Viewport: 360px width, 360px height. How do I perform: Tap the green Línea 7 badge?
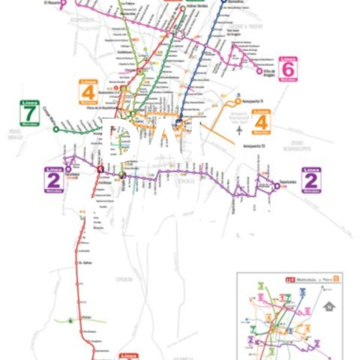coord(29,112)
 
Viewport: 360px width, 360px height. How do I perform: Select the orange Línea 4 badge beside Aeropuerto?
coord(262,121)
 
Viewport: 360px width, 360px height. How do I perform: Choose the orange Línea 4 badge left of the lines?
coord(89,92)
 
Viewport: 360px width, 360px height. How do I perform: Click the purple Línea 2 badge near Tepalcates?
coord(311,179)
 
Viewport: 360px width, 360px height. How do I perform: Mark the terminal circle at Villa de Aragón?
coord(260,71)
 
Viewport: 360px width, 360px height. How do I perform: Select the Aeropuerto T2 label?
coord(253,146)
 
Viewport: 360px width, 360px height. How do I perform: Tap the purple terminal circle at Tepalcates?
coord(277,186)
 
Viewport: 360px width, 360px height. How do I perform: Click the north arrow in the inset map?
coord(329,307)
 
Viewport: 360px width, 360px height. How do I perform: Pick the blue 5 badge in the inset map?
coord(302,292)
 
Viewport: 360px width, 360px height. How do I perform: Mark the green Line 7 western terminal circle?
coord(56,129)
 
